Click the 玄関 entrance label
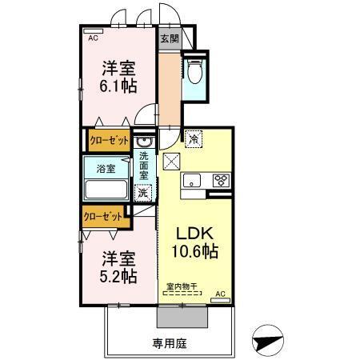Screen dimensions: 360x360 169,38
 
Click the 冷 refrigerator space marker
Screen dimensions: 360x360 194,139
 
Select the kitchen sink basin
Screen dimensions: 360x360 193,180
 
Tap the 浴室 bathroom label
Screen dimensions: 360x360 106,169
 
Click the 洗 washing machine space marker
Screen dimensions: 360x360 142,192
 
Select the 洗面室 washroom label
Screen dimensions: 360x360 144,164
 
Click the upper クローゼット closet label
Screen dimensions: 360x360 109,140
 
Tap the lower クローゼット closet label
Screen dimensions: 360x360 104,216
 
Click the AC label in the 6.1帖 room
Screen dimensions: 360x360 93,37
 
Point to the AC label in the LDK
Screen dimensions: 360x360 222,294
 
